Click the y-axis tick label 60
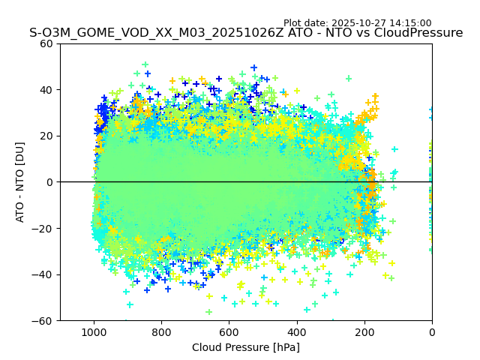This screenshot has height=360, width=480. tap(46, 43)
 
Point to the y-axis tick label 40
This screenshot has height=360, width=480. tap(46, 90)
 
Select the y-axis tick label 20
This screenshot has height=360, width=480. tap(46, 136)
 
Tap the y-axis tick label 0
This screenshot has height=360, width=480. tap(49, 182)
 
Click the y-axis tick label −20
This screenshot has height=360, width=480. tap(43, 228)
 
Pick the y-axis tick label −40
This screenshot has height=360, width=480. tap(43, 274)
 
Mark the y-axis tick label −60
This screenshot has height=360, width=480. tap(43, 320)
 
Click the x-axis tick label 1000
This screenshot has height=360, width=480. tap(94, 331)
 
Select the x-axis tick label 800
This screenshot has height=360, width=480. tap(161, 331)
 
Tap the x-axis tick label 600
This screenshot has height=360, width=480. tap(229, 331)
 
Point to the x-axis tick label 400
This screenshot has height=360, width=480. tap(297, 331)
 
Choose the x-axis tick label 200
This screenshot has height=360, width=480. tap(364, 331)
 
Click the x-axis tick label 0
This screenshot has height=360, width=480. tap(432, 331)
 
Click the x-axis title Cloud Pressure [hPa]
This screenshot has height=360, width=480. tap(246, 347)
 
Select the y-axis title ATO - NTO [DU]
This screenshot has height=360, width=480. tap(21, 182)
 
